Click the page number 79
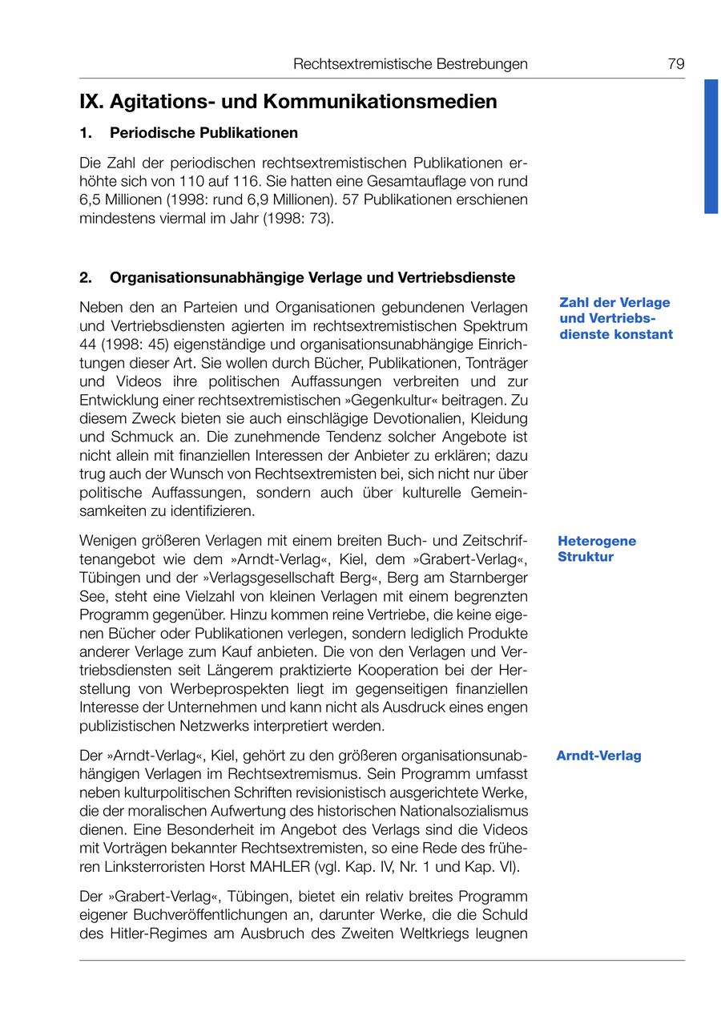pyautogui.click(x=676, y=64)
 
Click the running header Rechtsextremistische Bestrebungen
pyautogui.click(x=410, y=64)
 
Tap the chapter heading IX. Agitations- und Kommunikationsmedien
pyautogui.click(x=288, y=102)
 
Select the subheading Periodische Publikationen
pyautogui.click(x=203, y=132)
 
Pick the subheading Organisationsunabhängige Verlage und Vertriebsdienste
pyautogui.click(x=312, y=278)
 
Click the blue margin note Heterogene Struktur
pyautogui.click(x=597, y=549)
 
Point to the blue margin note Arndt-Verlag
pyautogui.click(x=598, y=756)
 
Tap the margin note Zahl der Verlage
pyautogui.click(x=614, y=303)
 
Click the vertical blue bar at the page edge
pyautogui.click(x=711, y=146)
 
